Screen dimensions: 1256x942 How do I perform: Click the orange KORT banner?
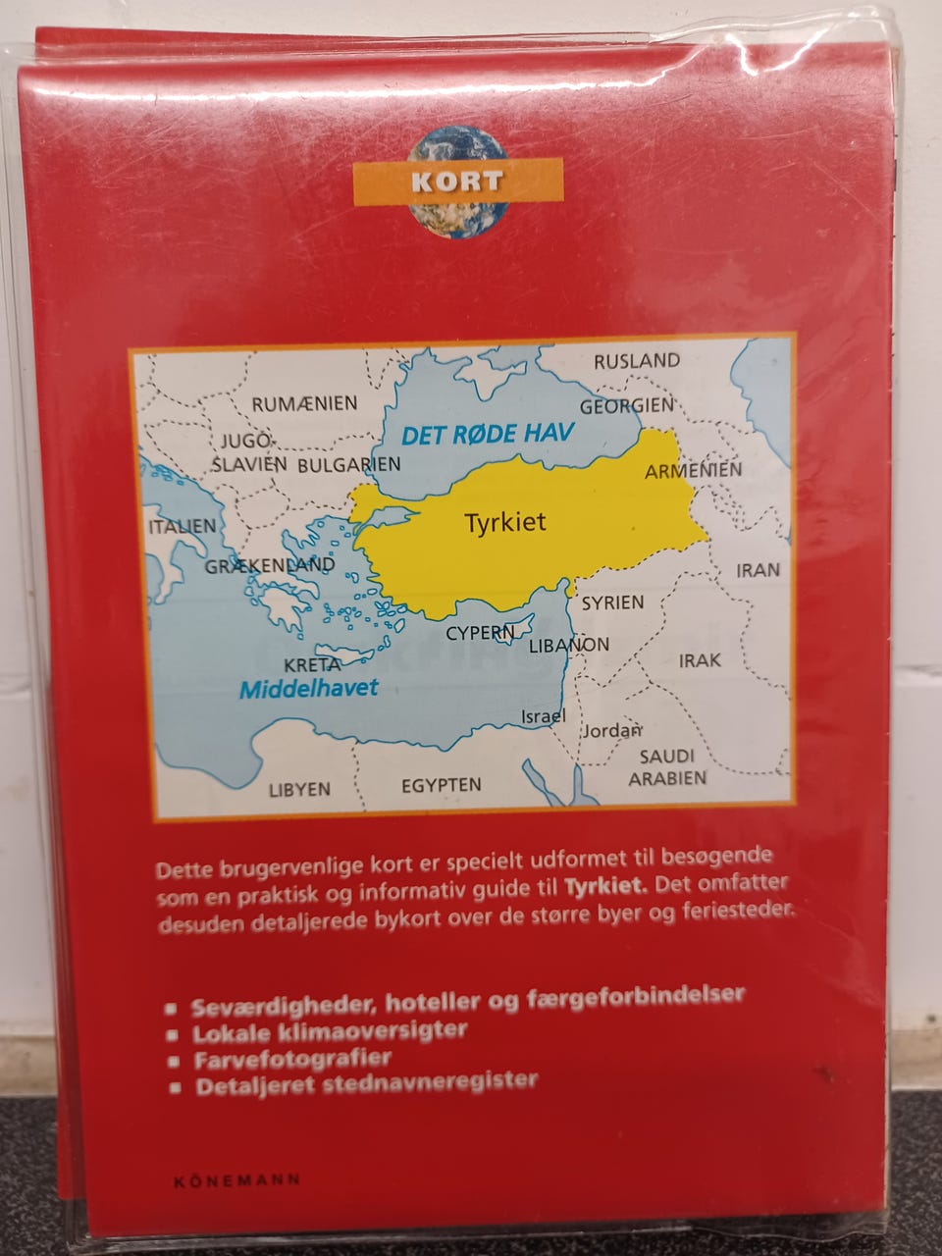[457, 182]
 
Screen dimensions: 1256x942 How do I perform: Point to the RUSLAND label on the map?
[636, 361]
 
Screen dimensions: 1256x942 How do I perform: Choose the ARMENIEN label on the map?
[693, 471]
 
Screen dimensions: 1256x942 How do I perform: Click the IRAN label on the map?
[758, 569]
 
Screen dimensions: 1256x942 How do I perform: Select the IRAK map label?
[700, 660]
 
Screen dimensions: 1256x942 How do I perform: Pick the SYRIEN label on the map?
[612, 602]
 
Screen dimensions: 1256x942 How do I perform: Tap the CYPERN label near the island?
[480, 634]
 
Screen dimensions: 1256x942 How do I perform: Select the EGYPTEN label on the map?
[441, 785]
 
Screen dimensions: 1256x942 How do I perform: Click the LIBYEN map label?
[299, 789]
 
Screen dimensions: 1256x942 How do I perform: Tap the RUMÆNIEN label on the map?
[304, 403]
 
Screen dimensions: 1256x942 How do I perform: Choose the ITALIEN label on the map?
[182, 526]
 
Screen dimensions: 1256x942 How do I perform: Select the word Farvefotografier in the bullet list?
[292, 1059]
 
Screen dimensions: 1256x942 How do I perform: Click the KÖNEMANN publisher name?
[236, 1180]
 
